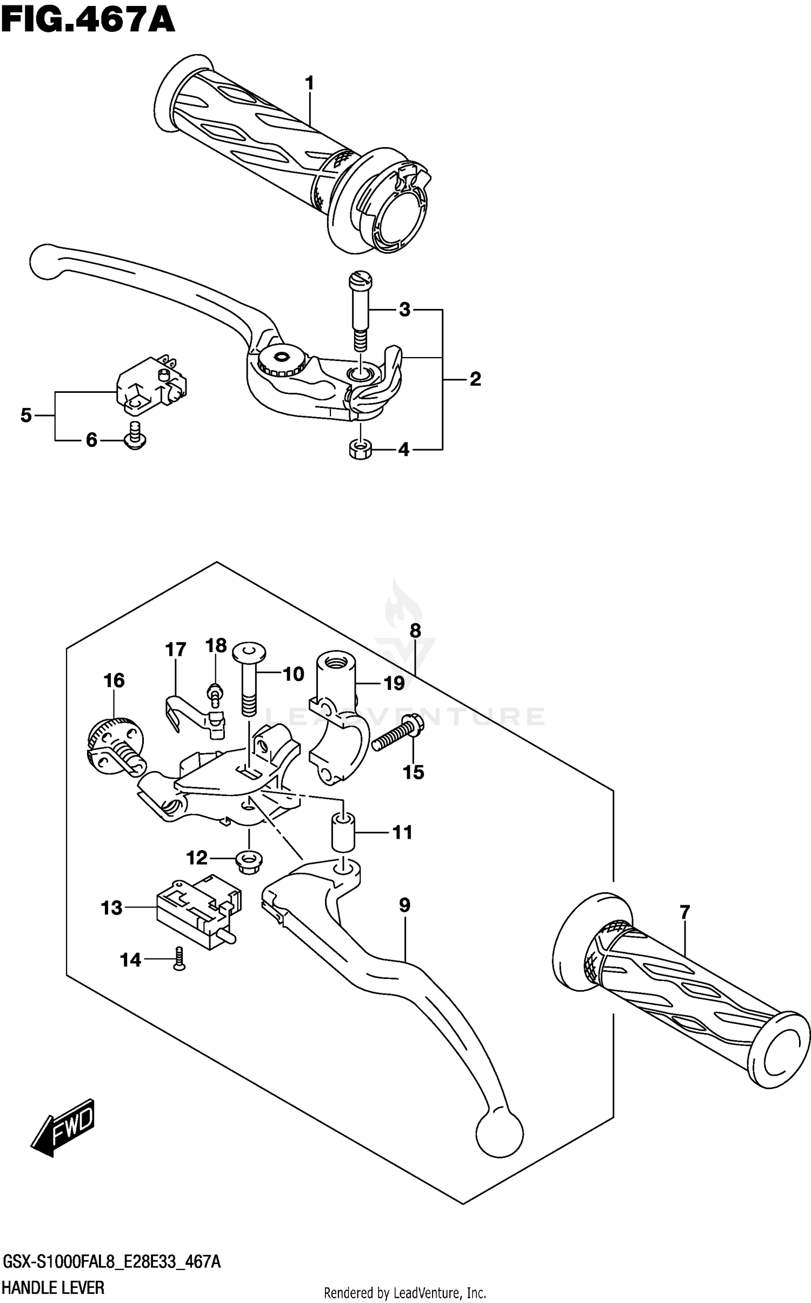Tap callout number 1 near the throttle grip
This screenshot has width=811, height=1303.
click(x=309, y=83)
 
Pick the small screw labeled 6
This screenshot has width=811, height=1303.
click(x=135, y=437)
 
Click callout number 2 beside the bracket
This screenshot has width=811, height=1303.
click(x=475, y=379)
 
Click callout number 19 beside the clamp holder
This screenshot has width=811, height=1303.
click(x=394, y=683)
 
